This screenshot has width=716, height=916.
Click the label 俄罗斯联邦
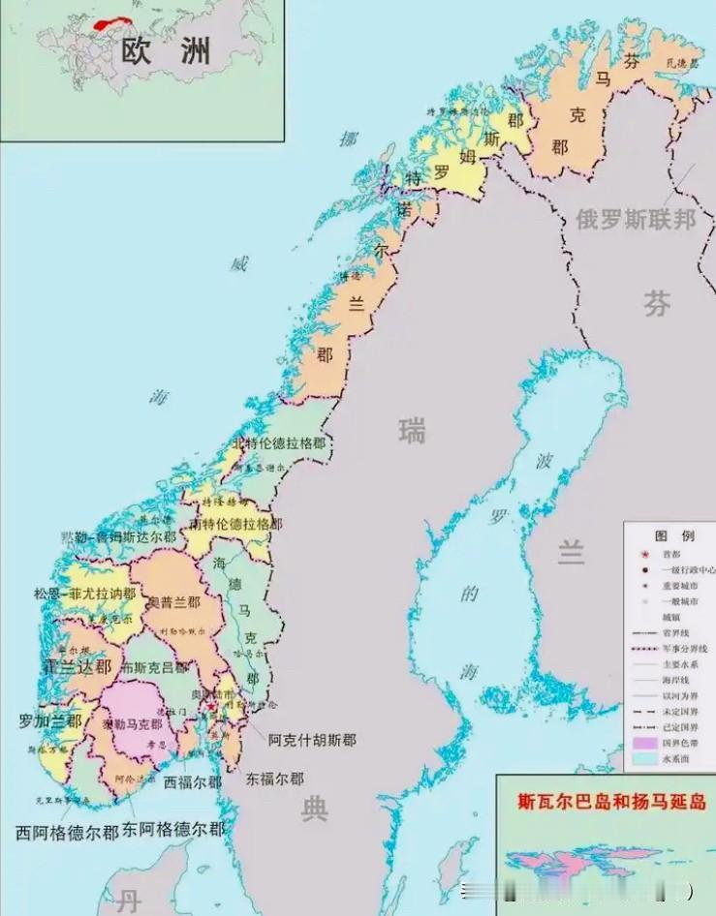coord(636,220)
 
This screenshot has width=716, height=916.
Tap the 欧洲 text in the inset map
coord(166,51)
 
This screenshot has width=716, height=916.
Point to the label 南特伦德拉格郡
coord(236,524)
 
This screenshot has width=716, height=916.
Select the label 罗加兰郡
coord(49,720)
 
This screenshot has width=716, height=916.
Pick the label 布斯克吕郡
coord(154,667)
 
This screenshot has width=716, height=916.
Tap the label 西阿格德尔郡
coord(67,831)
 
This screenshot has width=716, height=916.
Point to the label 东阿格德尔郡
coord(173,830)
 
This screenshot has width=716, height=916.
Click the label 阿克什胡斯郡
coord(313,740)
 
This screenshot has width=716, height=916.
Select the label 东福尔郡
coord(274,779)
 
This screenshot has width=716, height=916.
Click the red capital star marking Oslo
coord(213,710)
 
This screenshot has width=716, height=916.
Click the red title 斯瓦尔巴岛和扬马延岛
coord(611,802)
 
